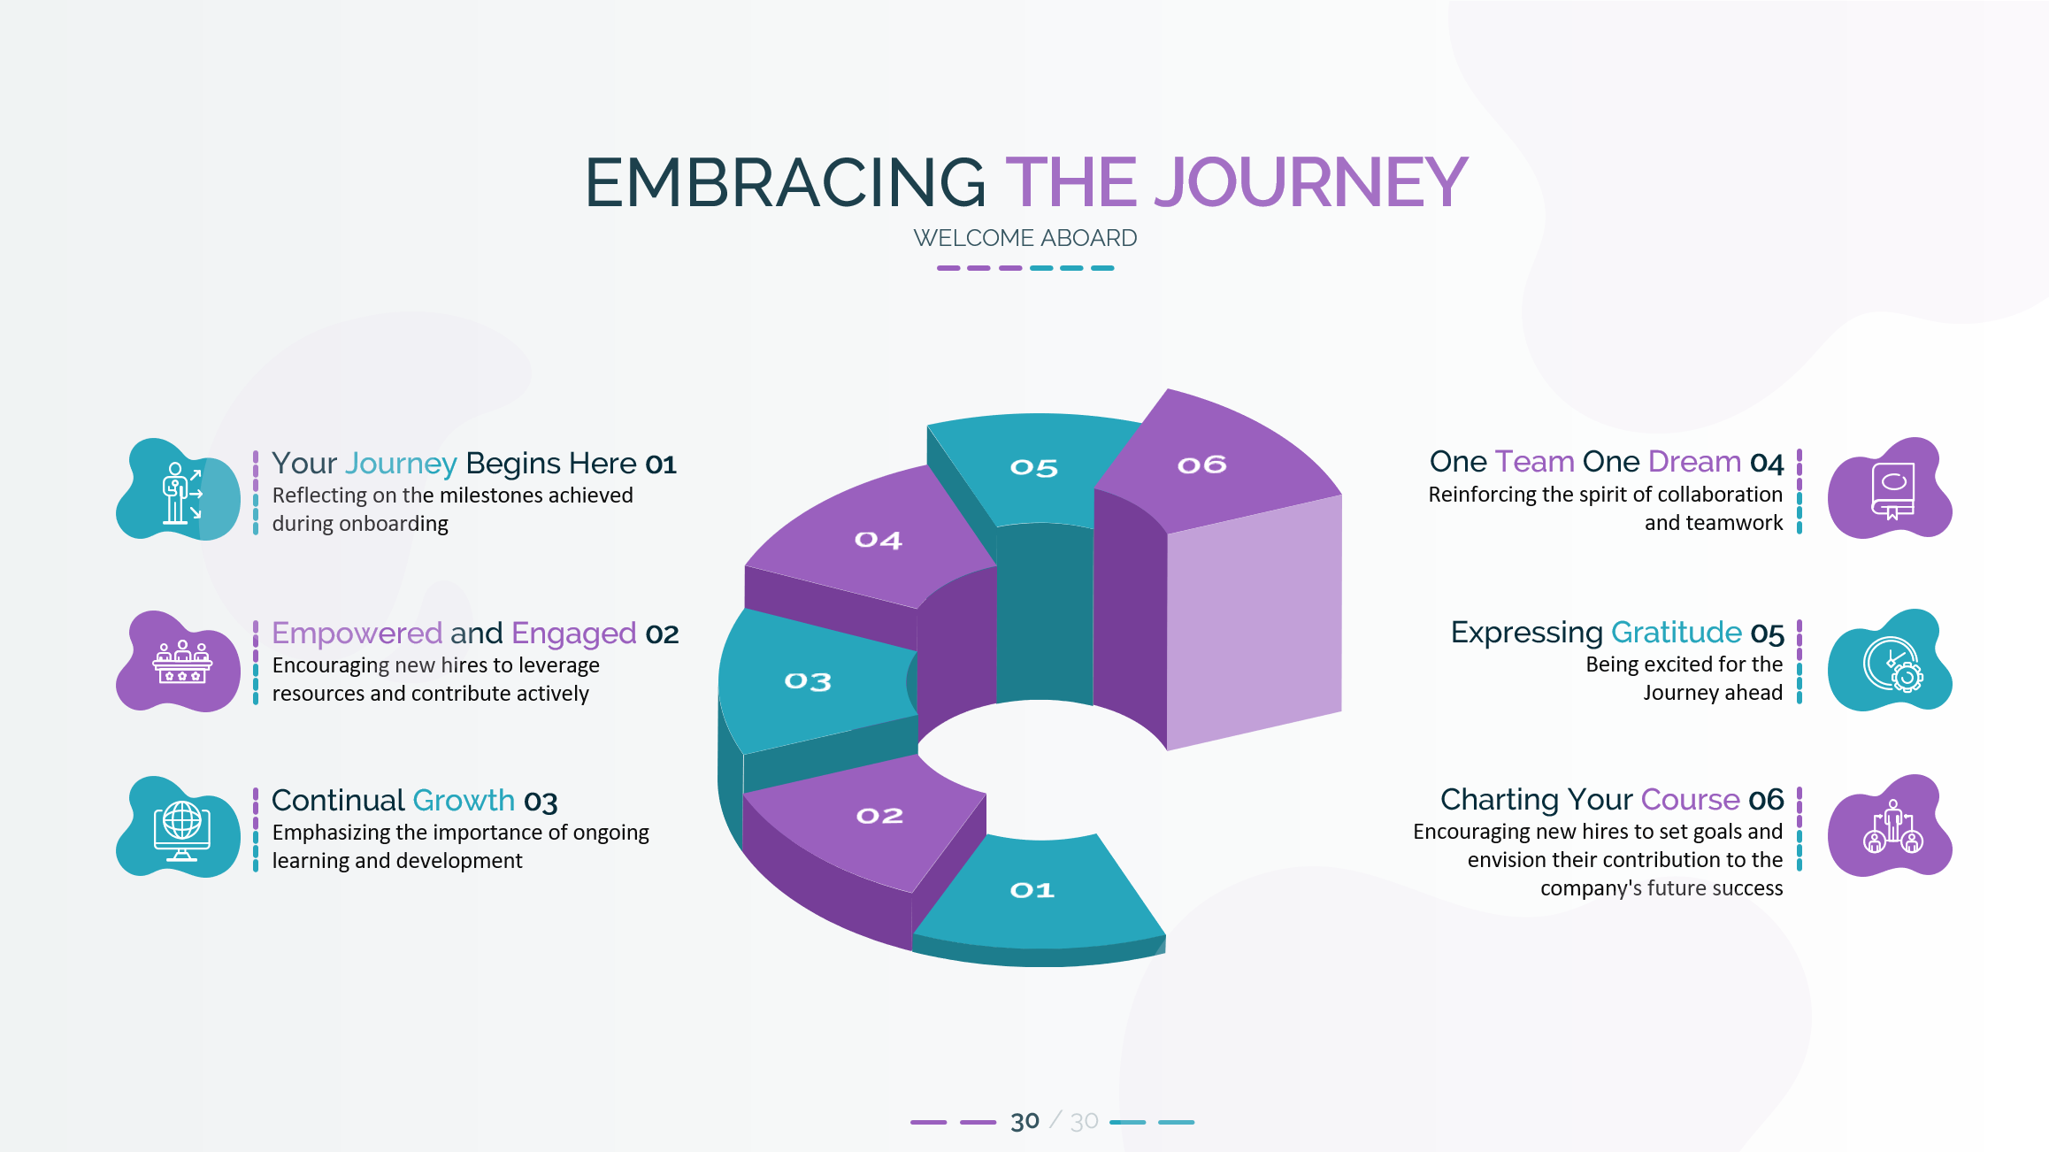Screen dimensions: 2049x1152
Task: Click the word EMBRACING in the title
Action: click(x=786, y=182)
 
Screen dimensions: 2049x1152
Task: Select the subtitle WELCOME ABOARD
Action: click(x=1025, y=238)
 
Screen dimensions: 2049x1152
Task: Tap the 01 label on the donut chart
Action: click(x=1032, y=890)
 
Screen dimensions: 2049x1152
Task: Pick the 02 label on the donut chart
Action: click(x=879, y=816)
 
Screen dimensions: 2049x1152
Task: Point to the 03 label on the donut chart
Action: click(x=808, y=681)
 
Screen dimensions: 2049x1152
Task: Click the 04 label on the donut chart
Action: click(x=878, y=540)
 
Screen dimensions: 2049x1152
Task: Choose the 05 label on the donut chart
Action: click(x=1034, y=467)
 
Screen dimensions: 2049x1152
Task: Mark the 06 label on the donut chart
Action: click(x=1201, y=465)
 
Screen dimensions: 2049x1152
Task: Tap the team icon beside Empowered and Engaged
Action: click(x=182, y=662)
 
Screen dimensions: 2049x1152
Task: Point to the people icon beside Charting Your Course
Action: click(x=1893, y=827)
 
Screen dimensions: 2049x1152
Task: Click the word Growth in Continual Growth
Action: click(x=464, y=800)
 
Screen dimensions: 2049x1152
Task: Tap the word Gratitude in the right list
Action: click(x=1677, y=633)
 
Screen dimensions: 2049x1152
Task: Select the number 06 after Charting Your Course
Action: click(x=1766, y=800)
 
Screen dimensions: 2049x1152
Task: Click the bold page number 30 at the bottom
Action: click(x=1024, y=1122)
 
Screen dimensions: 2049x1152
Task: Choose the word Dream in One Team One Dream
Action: click(x=1694, y=462)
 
